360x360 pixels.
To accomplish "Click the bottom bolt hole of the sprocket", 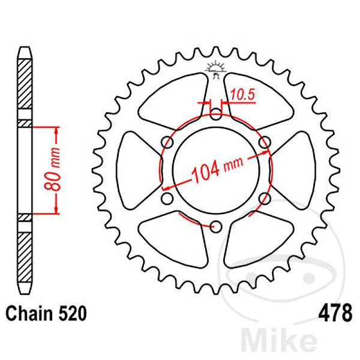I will [216, 226].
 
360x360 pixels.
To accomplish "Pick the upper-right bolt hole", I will [265, 141].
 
